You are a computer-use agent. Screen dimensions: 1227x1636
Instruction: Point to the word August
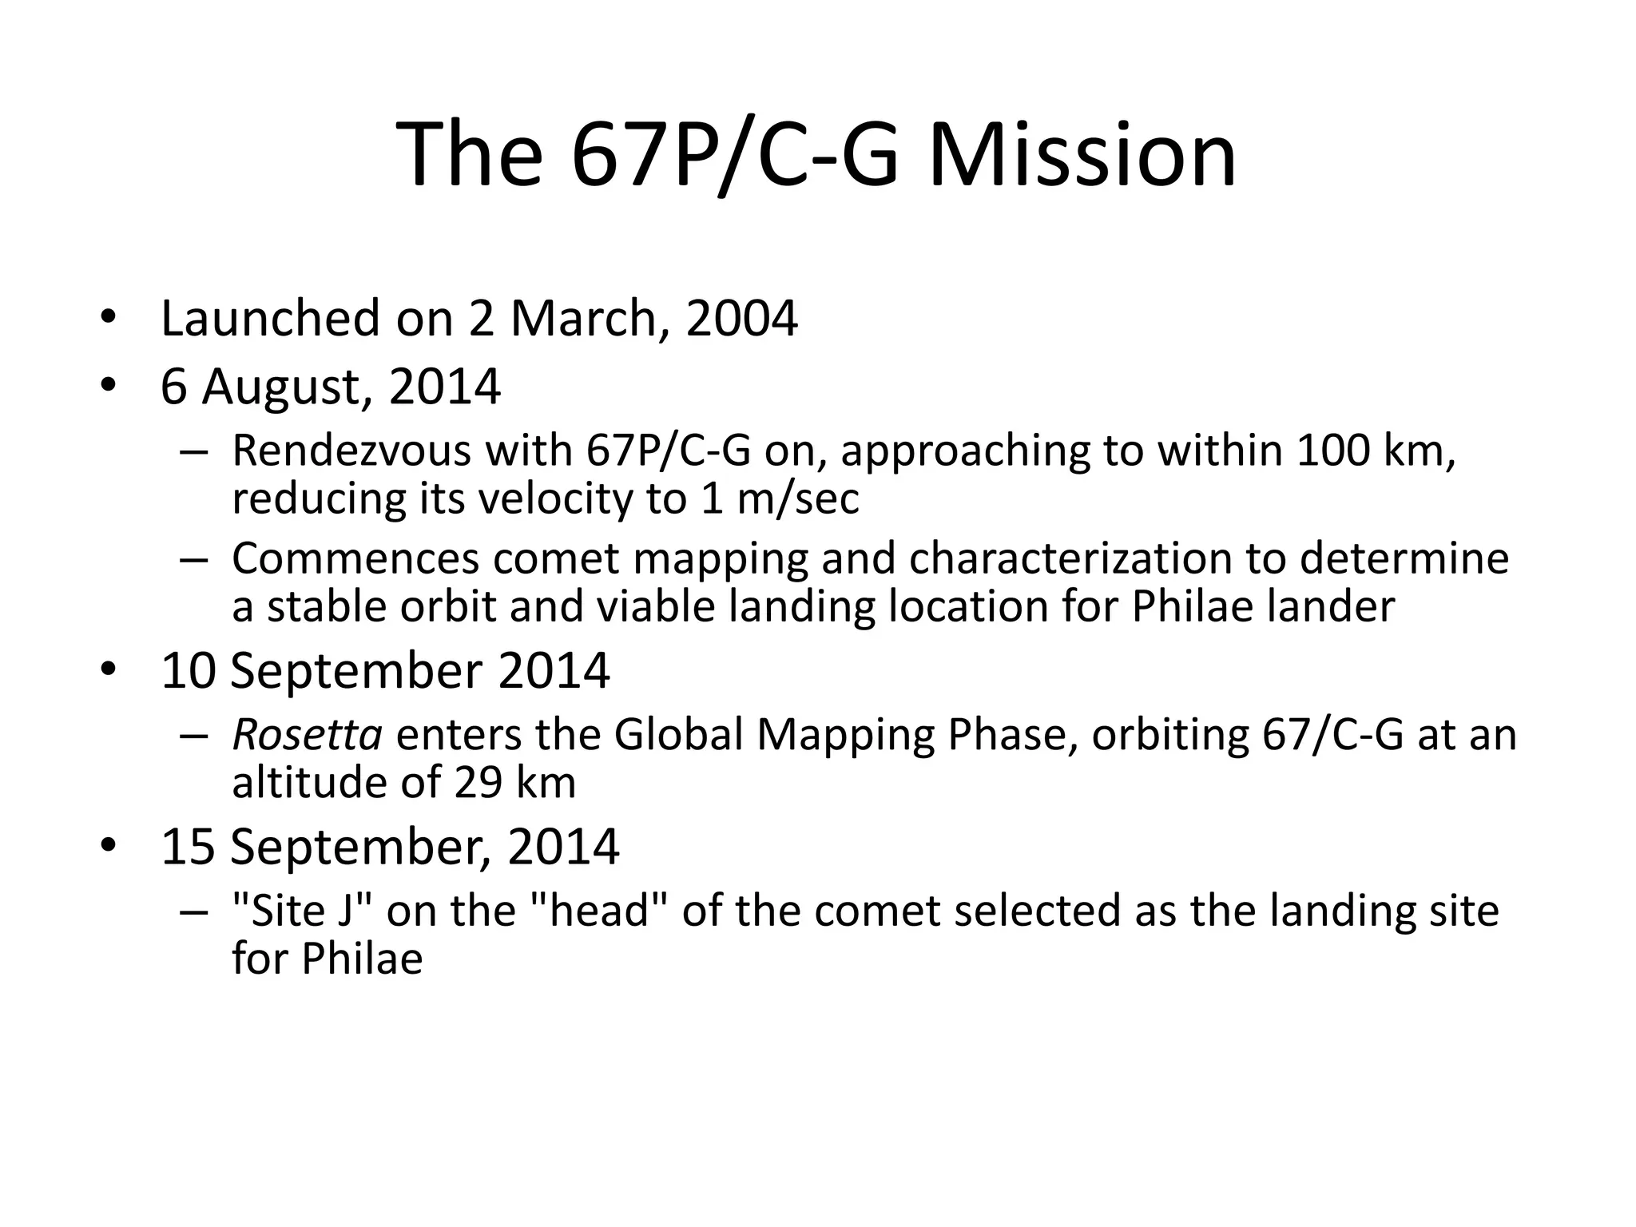(x=286, y=387)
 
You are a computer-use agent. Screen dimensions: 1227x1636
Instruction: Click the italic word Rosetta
(x=307, y=734)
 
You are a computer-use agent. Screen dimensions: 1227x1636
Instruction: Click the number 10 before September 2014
(x=189, y=671)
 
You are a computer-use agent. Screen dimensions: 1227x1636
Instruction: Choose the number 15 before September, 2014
(x=189, y=847)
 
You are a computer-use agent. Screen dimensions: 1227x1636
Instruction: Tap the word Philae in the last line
(x=362, y=959)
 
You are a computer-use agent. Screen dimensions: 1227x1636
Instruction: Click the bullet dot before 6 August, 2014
(x=109, y=387)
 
